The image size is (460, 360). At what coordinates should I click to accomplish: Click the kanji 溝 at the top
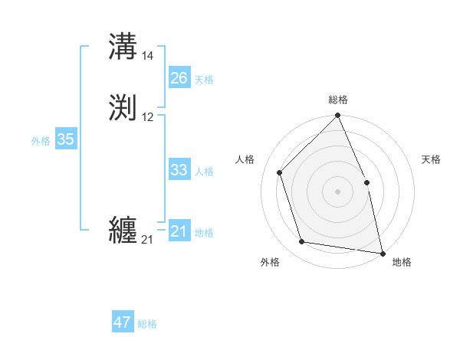[123, 46]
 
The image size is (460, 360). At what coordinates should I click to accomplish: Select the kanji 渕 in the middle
[123, 107]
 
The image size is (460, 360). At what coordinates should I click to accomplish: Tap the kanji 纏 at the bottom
[123, 230]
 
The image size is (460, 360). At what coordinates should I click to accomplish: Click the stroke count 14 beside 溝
[148, 56]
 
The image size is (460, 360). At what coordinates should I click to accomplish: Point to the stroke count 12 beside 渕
[148, 117]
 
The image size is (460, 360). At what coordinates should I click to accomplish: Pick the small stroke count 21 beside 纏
[147, 240]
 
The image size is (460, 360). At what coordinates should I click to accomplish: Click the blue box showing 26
[179, 78]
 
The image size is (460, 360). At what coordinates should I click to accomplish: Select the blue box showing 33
[179, 170]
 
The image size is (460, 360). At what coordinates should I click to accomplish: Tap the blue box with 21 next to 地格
[179, 231]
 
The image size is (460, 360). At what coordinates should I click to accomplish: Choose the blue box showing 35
[65, 139]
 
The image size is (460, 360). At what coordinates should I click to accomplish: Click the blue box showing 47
[123, 322]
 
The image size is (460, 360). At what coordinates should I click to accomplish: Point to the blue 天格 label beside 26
[204, 80]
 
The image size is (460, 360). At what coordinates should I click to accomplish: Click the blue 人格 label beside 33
[204, 172]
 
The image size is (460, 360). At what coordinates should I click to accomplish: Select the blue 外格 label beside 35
[41, 141]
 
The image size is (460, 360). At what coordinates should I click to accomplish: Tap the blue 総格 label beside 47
[147, 324]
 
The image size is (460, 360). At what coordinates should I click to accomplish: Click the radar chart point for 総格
[337, 116]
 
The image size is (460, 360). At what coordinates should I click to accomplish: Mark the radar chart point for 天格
[366, 182]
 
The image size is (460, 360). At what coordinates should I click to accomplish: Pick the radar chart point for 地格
[383, 253]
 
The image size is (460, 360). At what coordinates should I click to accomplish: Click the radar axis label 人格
[245, 159]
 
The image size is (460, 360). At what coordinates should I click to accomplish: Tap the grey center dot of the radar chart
[337, 191]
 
